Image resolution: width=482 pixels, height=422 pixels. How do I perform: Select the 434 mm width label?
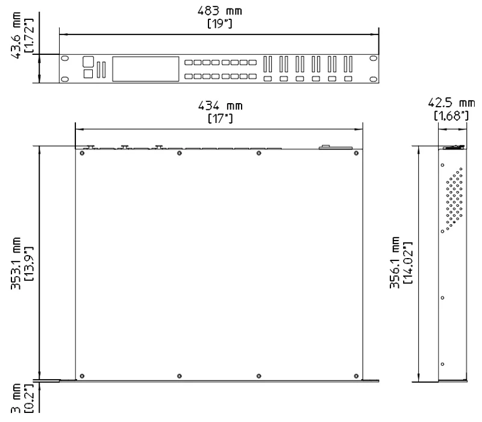coord(221,106)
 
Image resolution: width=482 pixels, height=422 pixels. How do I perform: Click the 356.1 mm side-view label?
coord(395,264)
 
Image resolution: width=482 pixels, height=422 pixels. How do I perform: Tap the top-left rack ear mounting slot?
coord(65,58)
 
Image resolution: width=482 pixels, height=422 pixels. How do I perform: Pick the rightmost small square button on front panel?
coord(348,79)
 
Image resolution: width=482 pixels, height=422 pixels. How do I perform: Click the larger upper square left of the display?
coord(88,61)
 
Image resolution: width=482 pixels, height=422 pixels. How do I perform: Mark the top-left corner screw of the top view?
coord(81,153)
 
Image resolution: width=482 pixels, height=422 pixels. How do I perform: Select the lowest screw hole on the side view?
coord(443,364)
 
